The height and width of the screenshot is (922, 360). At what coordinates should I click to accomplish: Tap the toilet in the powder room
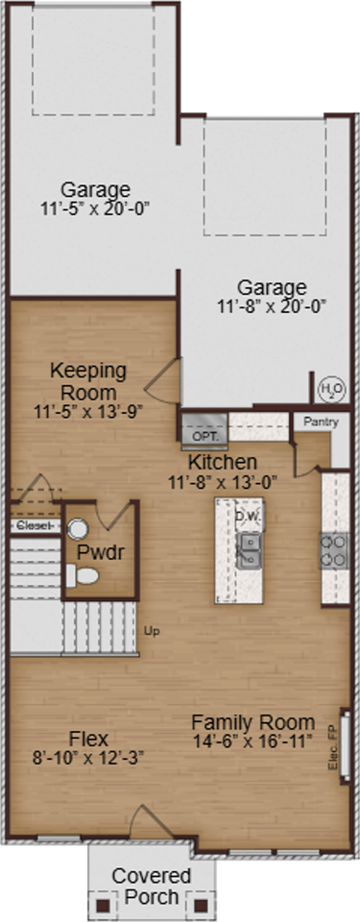point(82,575)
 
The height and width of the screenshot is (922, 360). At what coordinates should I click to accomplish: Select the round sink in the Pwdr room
point(78,528)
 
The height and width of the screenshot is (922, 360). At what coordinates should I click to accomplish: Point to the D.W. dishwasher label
point(248,515)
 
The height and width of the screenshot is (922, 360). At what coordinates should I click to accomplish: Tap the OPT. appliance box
point(204,434)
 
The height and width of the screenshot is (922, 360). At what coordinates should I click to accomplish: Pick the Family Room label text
point(252,722)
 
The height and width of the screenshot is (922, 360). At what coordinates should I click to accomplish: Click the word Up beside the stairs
point(151,631)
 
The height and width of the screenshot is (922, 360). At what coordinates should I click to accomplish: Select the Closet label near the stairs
point(35,526)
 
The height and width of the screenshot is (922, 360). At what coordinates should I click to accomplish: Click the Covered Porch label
point(151,886)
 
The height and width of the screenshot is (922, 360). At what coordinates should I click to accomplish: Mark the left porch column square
point(103,903)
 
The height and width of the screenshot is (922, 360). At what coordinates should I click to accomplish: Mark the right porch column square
point(202,903)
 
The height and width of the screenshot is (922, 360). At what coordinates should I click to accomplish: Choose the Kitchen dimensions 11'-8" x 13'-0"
point(223,482)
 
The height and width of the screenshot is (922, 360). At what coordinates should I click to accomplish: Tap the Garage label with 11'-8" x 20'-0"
point(272,297)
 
